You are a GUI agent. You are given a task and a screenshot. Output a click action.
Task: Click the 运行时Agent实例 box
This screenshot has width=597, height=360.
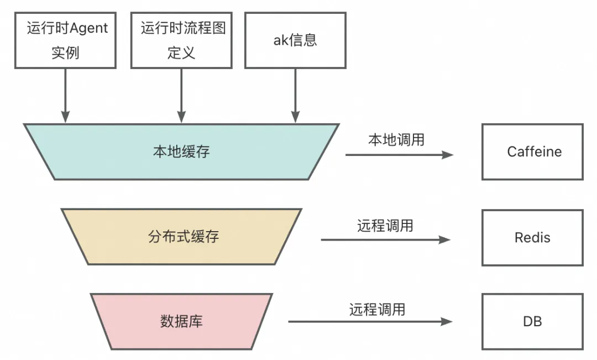point(65,41)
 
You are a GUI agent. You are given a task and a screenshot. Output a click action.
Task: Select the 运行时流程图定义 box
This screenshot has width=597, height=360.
point(181,41)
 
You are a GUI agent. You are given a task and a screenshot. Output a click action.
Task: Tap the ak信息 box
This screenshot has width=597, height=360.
point(295,41)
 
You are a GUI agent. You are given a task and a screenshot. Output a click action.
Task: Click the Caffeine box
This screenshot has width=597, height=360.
point(532,152)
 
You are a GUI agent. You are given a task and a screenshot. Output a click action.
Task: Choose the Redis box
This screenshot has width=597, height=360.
point(532,238)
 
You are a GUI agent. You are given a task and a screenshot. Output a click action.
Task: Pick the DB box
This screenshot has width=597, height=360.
point(532,321)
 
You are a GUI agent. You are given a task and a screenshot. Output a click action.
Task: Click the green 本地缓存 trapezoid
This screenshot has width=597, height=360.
point(181,152)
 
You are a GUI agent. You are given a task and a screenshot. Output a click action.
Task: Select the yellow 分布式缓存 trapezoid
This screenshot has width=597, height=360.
point(181,237)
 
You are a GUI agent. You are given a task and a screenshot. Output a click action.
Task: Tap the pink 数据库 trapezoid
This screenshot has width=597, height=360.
point(181,321)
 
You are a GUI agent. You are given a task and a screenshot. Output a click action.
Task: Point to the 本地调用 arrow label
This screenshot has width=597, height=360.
point(396,140)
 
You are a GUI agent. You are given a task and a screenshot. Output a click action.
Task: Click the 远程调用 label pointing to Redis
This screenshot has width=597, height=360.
point(385,226)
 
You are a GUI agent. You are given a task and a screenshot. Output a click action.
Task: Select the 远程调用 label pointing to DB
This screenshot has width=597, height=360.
point(377,309)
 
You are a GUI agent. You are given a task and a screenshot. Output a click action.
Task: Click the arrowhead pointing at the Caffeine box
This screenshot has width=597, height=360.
point(448,155)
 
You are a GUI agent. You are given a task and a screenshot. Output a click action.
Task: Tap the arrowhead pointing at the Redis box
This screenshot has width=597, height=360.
point(445,239)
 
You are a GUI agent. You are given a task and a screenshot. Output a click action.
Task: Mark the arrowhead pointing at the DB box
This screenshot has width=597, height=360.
point(446,321)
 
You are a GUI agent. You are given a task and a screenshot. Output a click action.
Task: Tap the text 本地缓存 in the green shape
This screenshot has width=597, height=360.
point(181,152)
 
